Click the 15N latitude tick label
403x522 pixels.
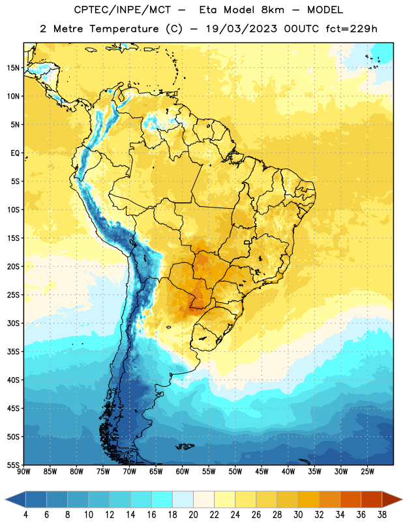coord(13,68)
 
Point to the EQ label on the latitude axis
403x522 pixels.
coord(15,153)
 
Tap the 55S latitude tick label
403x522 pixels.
coord(13,465)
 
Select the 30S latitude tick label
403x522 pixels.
coord(13,323)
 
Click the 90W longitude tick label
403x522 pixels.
coord(23,471)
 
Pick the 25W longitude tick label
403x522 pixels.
coord(367,471)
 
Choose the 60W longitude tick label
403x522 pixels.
coord(183,471)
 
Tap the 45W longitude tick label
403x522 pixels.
coord(261,471)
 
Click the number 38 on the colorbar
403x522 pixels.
coord(382,515)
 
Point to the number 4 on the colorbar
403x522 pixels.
coord(25,515)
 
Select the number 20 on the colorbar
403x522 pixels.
coord(193,515)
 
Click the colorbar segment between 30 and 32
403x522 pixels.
coord(308,500)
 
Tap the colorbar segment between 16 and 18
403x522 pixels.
coord(162,500)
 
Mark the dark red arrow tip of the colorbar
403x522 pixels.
coord(401,500)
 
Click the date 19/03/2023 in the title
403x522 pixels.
coord(241,29)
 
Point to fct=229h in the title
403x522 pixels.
coord(351,29)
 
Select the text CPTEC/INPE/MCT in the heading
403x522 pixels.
coord(123,10)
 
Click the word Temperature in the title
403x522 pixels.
coord(124,29)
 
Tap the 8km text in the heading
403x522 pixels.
coord(273,10)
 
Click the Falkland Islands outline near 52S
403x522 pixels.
coord(185,446)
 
